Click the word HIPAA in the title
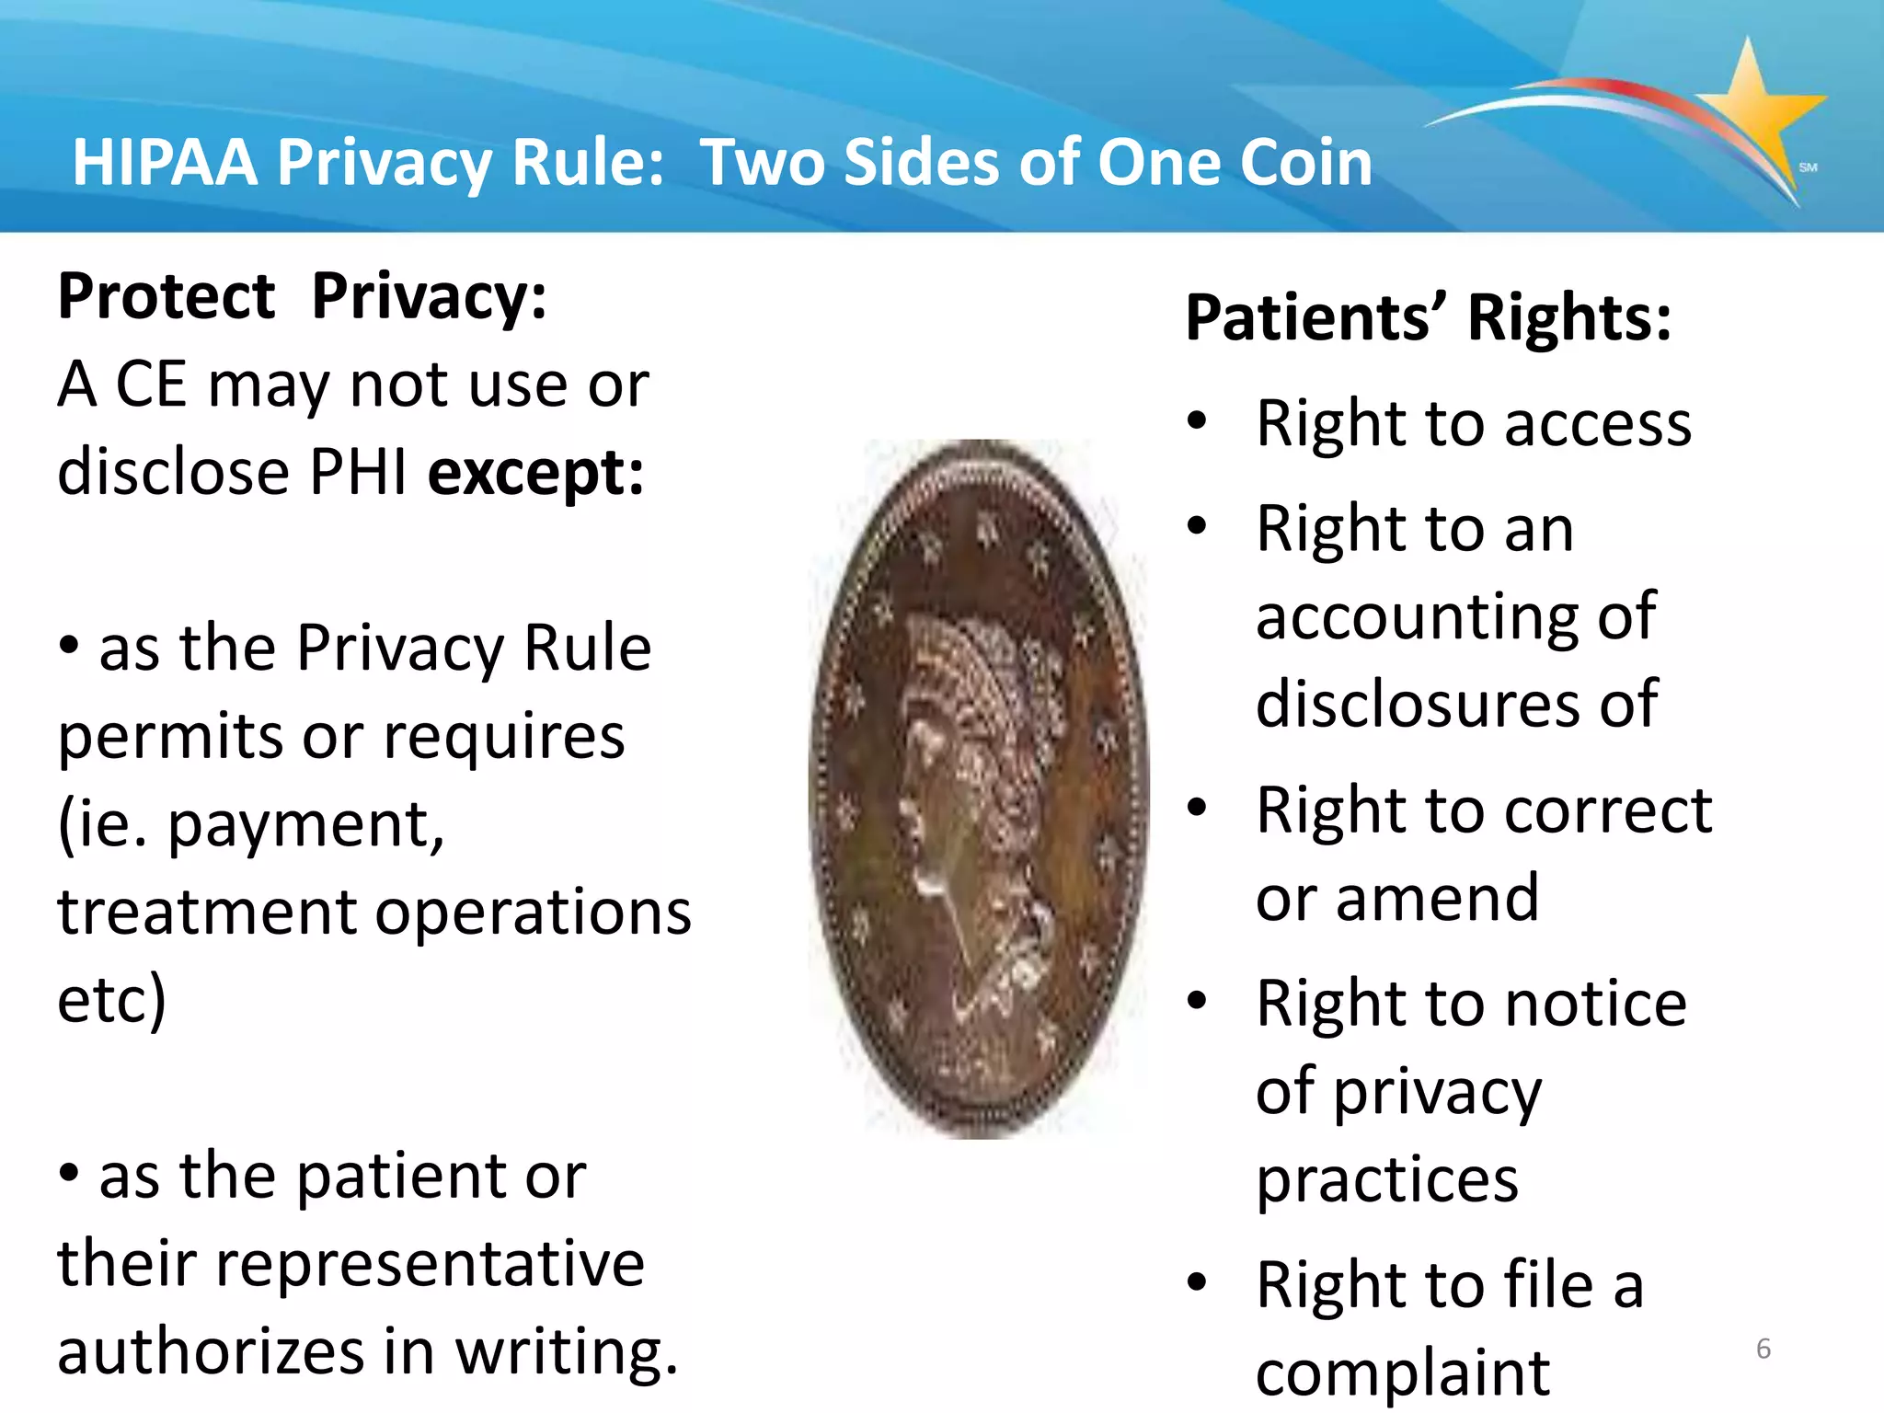(x=165, y=162)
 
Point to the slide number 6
(x=1763, y=1349)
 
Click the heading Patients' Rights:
(x=1428, y=317)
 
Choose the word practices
(x=1387, y=1179)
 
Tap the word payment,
(x=306, y=824)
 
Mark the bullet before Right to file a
(x=1196, y=1281)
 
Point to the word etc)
(x=111, y=1000)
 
